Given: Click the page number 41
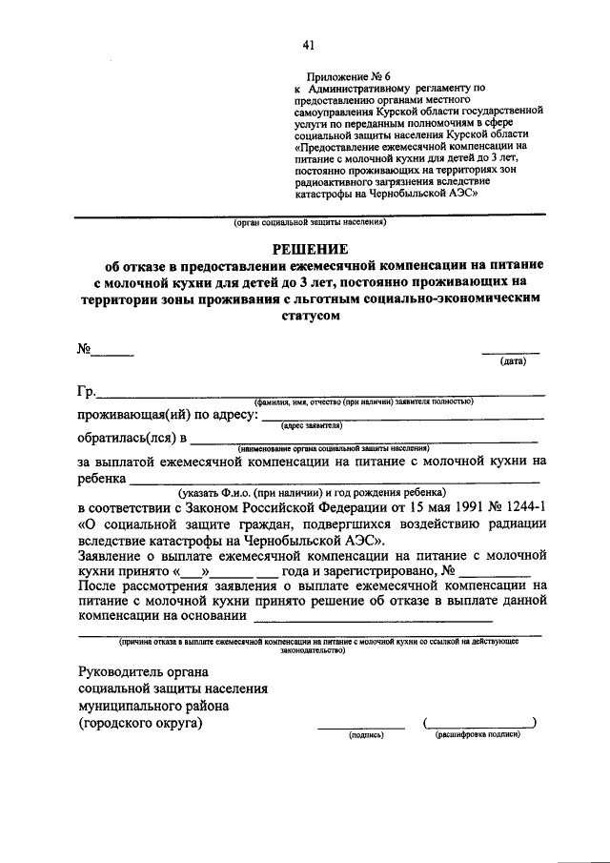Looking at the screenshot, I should pos(307,44).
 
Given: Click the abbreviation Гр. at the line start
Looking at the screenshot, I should pos(86,392).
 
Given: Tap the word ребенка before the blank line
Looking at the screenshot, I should pos(102,480).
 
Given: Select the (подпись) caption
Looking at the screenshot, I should pos(365,736).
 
